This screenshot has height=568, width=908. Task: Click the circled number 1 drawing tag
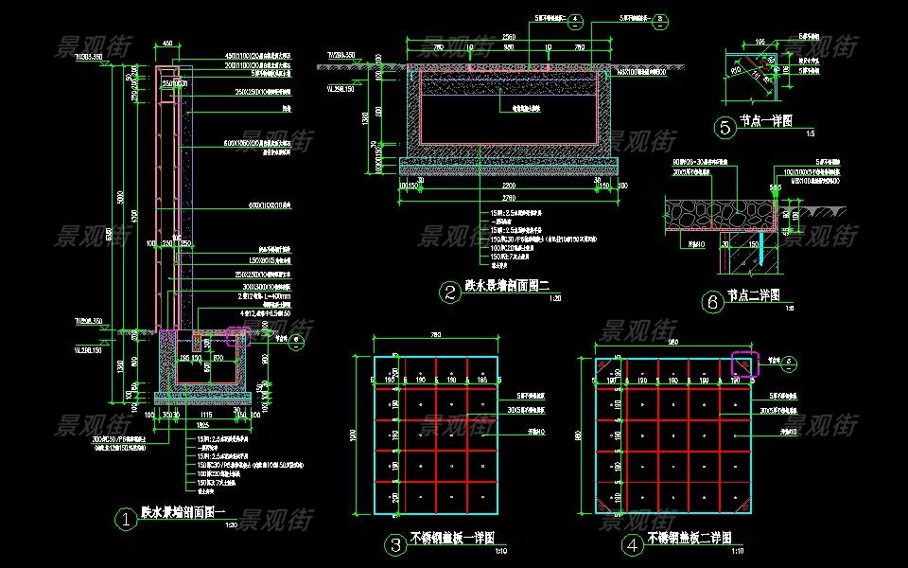[x=125, y=518]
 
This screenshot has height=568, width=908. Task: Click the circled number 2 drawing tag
[x=450, y=292]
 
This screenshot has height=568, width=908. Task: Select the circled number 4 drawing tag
[x=631, y=544]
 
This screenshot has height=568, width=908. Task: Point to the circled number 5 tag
[x=725, y=126]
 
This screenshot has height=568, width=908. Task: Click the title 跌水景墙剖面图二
[x=506, y=286]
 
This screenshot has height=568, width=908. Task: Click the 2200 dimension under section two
[x=510, y=185]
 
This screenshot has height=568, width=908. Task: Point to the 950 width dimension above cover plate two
[x=672, y=342]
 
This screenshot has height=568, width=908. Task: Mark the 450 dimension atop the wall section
[x=168, y=44]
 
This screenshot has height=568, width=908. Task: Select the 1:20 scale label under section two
[x=555, y=298]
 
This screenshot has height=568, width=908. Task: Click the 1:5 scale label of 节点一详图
[x=810, y=133]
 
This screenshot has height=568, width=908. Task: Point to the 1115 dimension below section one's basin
[x=205, y=414]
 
